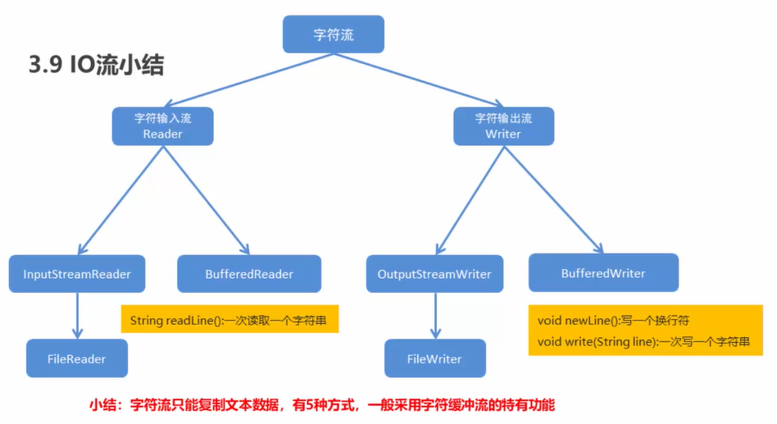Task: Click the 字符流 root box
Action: [334, 34]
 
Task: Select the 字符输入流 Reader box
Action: [162, 126]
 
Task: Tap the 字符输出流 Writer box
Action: [503, 126]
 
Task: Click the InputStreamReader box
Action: [77, 274]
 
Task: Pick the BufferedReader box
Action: [249, 274]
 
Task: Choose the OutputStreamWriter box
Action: [434, 274]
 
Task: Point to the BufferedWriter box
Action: [603, 273]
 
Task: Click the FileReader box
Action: [77, 358]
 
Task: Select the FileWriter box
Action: [435, 358]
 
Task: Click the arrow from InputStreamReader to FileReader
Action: [77, 316]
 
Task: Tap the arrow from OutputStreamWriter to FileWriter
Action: [435, 316]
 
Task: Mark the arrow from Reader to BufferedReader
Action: [207, 200]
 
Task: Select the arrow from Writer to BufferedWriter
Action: [553, 200]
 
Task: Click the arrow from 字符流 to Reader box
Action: [248, 80]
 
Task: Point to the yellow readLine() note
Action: [230, 319]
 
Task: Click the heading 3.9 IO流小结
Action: [96, 65]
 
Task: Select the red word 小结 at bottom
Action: [105, 405]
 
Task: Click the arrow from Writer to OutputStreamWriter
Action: [470, 200]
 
